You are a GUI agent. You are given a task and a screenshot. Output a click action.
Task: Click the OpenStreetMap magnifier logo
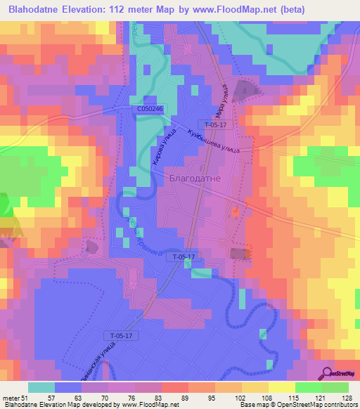(x=328, y=374)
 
